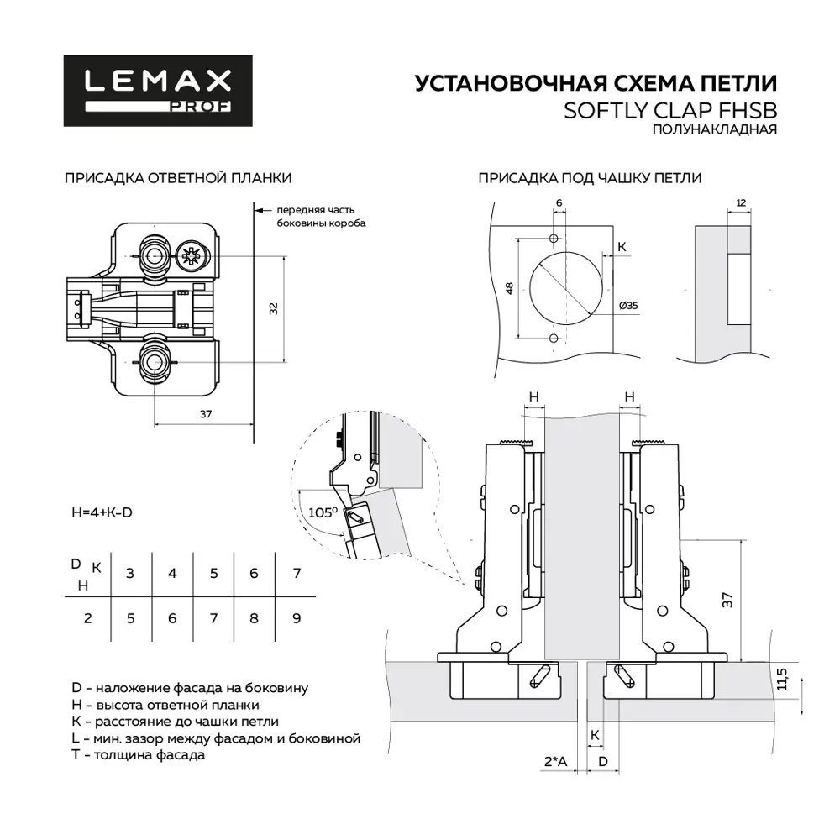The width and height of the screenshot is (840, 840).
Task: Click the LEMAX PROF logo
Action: (x=158, y=90)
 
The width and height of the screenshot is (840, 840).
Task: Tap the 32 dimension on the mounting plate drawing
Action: (x=273, y=308)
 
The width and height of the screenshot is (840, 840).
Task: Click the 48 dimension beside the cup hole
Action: (x=509, y=288)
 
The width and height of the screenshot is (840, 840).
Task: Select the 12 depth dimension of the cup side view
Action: (x=740, y=202)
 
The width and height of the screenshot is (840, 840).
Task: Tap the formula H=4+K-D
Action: (x=102, y=512)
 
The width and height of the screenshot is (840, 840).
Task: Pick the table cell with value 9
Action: (x=296, y=618)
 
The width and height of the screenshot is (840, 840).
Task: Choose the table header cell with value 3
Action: (x=129, y=574)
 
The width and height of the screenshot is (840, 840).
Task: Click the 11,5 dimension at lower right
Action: (x=782, y=679)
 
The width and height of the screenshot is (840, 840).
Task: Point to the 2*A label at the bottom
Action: (x=555, y=762)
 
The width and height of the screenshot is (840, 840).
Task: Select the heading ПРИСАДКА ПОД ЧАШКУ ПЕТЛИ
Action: (x=590, y=178)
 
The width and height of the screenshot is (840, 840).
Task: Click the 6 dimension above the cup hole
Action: (x=559, y=203)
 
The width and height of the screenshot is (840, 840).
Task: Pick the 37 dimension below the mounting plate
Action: (x=205, y=413)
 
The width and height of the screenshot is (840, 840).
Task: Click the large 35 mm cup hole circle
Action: (x=564, y=286)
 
